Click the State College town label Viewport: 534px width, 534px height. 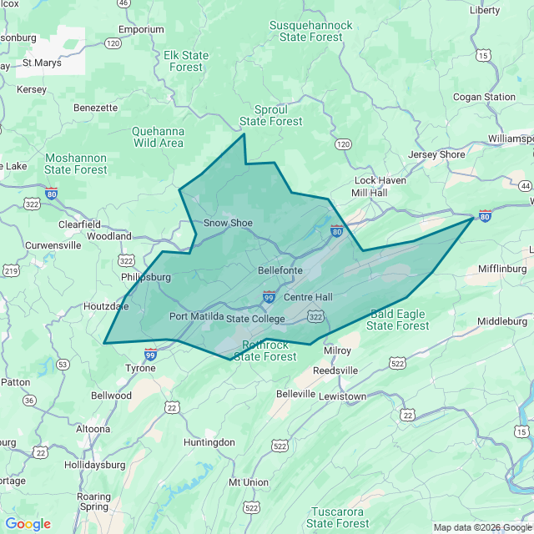coord(255,319)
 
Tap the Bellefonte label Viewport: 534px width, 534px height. coord(280,270)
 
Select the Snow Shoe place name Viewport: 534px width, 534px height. coord(228,223)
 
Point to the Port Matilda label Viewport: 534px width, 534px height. coord(196,316)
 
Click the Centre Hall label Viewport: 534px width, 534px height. coord(308,297)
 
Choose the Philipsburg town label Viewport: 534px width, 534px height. coord(145,276)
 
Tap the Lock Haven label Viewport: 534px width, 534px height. coord(380,180)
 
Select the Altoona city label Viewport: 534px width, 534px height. coord(93,429)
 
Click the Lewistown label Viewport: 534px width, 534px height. coord(342,396)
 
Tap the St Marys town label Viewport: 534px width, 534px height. coord(41,62)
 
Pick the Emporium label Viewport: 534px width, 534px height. coord(141,29)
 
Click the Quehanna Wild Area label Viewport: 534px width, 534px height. coord(159,137)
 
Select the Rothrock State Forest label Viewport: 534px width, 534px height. coord(265,350)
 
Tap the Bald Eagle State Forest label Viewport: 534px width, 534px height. coord(398,320)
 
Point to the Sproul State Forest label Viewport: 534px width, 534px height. coord(271,115)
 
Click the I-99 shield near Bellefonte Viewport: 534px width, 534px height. coord(269,296)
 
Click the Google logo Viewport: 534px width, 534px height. coord(28,524)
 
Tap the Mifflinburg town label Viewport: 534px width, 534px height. coord(502,269)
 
